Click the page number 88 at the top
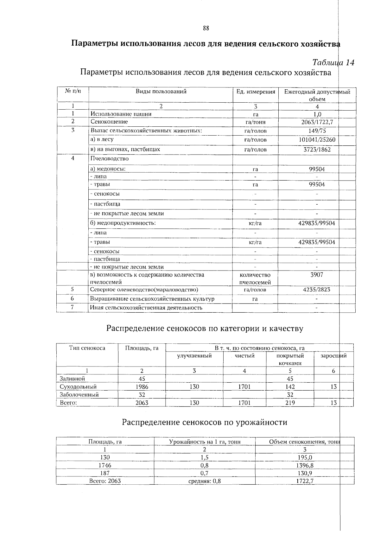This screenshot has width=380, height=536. (x=206, y=28)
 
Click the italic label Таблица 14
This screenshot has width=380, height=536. (x=333, y=62)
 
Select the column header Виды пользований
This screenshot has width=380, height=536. (x=161, y=92)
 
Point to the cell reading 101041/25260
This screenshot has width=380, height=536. (x=317, y=140)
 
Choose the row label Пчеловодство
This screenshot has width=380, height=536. (x=110, y=158)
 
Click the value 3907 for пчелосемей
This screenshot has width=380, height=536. (x=317, y=275)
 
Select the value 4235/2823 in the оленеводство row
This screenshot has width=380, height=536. (x=317, y=290)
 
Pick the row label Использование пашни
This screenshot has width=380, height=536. (x=121, y=114)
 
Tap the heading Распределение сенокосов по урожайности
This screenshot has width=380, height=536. (x=205, y=422)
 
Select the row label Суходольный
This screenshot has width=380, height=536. (x=78, y=387)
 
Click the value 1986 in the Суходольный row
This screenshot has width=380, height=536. (x=142, y=387)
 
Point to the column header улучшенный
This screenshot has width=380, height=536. (x=194, y=356)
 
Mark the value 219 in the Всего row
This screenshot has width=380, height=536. (x=290, y=403)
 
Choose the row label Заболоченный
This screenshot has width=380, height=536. (x=79, y=395)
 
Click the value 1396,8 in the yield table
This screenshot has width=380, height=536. (x=305, y=465)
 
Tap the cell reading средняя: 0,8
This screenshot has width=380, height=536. (x=204, y=481)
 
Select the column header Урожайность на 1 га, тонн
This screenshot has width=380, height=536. (x=205, y=442)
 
